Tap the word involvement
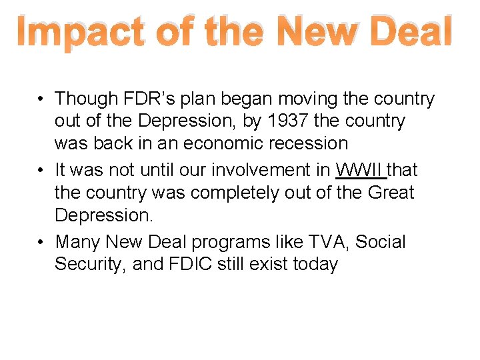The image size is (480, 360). pos(272,170)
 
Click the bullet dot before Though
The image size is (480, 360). pos(41,99)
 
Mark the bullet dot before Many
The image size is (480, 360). pos(41,242)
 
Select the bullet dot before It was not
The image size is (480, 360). pos(41,171)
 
